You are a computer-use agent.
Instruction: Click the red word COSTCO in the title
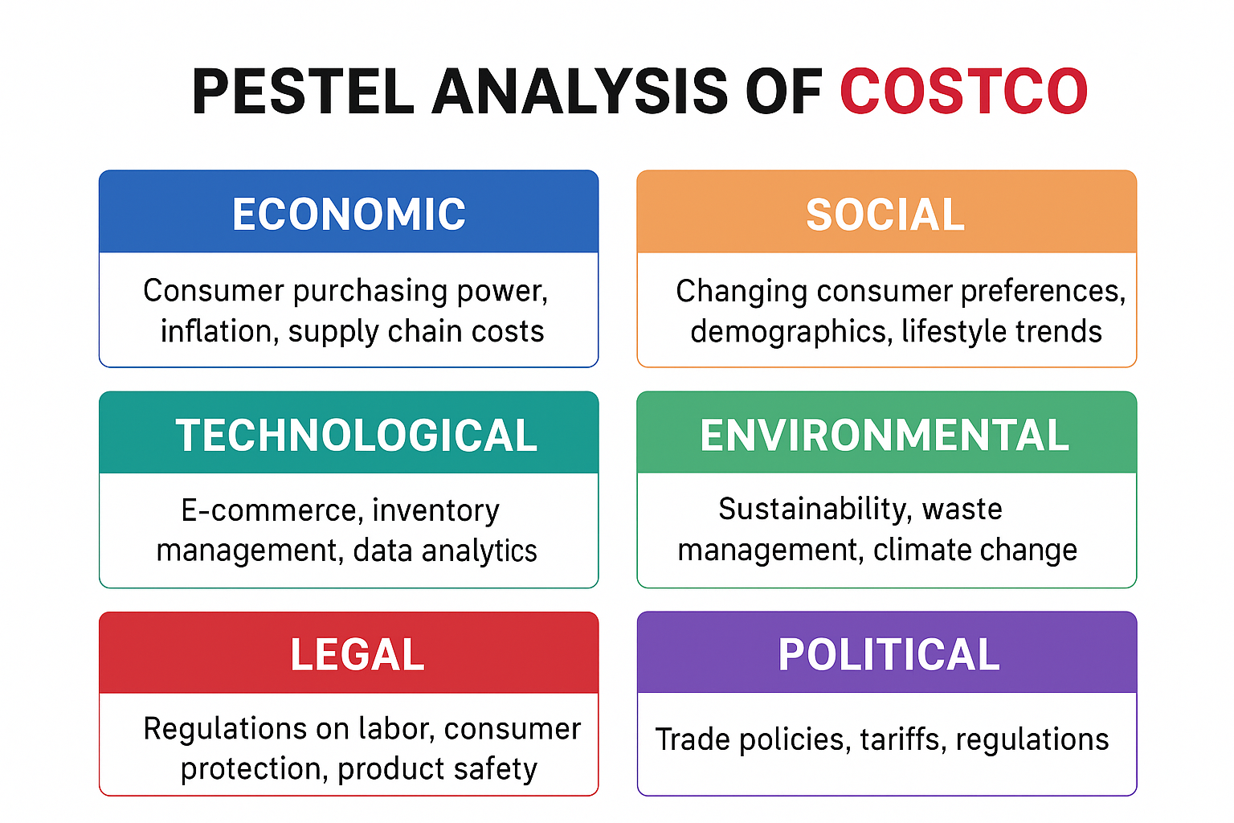coord(963,92)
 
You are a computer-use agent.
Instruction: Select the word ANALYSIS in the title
coord(579,92)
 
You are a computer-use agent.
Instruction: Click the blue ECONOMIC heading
coord(349,214)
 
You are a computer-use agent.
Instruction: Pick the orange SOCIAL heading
coord(885,215)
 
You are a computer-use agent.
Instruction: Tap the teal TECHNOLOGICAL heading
coord(356,435)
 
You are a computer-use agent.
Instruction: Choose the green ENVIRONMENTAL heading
coord(885,435)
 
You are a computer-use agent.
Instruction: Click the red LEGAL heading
coord(358,654)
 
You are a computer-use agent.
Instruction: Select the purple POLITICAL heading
coord(889,654)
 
